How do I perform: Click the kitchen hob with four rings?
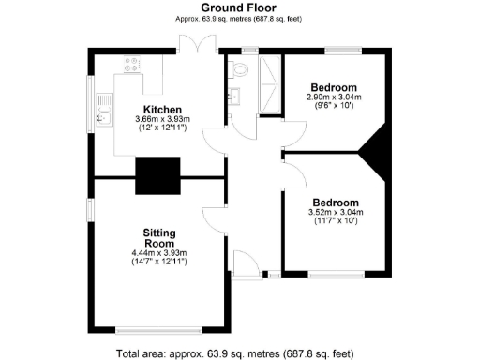pos(132,66)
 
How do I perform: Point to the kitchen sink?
pos(102,109)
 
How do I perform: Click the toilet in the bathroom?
pos(240,68)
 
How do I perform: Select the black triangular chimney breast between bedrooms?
pos(380,151)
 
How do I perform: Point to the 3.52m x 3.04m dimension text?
pos(335,213)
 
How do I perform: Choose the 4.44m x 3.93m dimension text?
pos(160,252)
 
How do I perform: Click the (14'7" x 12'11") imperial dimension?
pos(160,262)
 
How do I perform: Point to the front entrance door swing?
pos(241,264)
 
